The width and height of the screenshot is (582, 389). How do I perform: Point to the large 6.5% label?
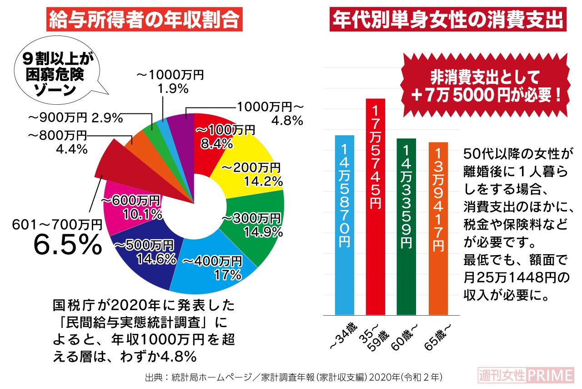pos(68,245)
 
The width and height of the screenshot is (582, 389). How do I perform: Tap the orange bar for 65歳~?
pos(438,228)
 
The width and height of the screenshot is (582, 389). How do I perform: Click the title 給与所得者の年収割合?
pos(145,20)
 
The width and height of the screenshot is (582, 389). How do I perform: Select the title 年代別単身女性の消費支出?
pos(448,20)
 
